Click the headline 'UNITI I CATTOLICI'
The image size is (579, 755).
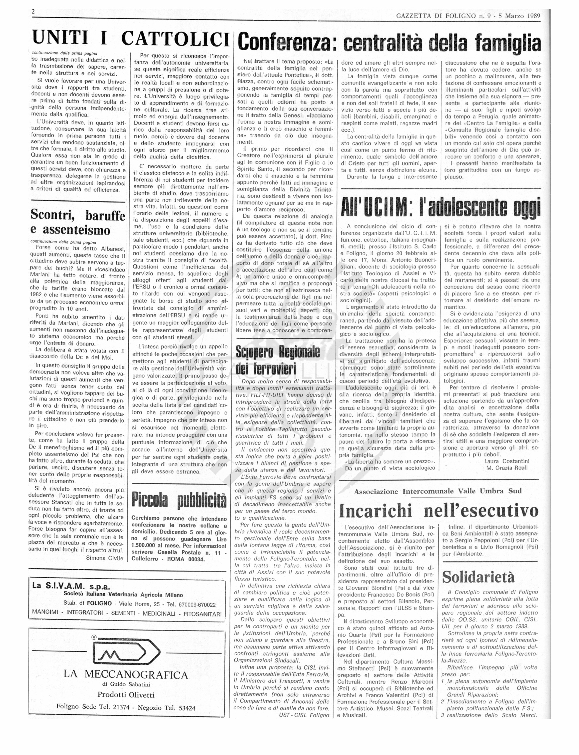pos(131,38)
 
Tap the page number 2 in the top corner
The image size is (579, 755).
pos(33,11)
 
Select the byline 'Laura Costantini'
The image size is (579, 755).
pos(507,461)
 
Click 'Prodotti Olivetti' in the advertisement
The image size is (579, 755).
pos(126,695)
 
